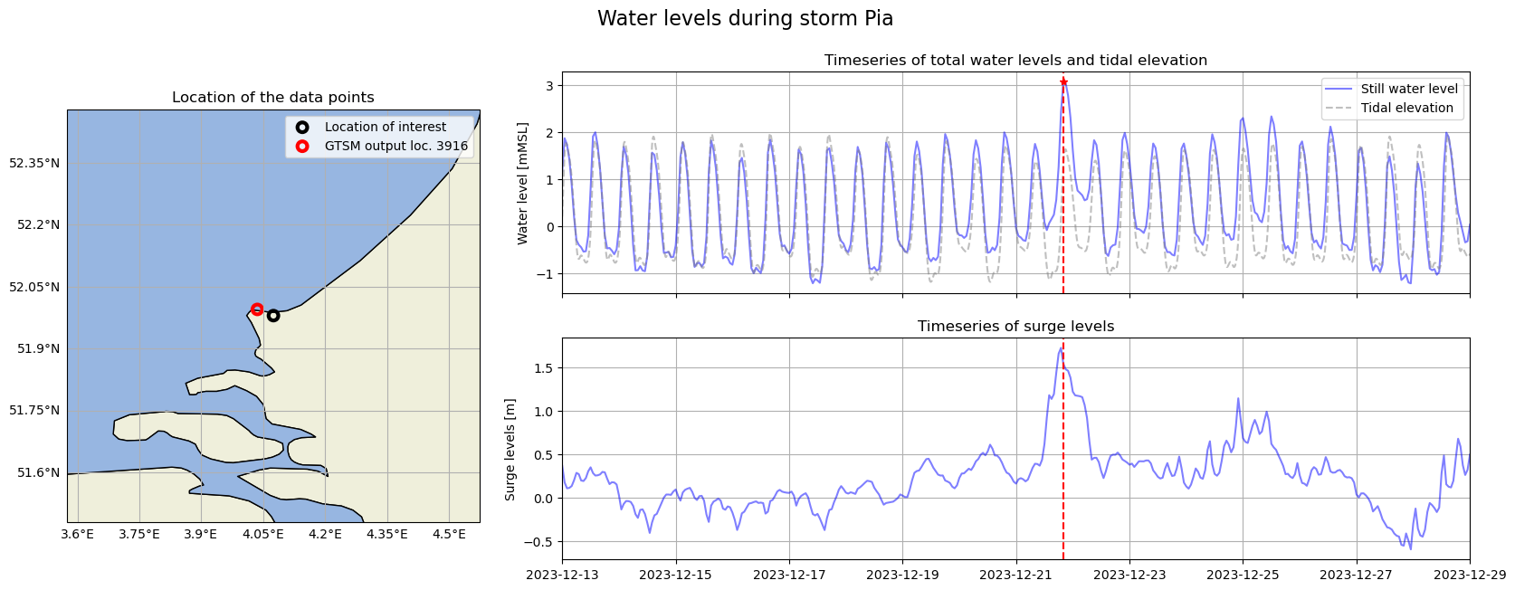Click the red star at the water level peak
(x=1063, y=82)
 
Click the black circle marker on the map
(x=273, y=316)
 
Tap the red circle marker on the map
(x=257, y=309)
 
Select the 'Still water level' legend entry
(x=1408, y=89)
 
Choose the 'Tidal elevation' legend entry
(x=1406, y=108)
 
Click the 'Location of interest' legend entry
(x=385, y=128)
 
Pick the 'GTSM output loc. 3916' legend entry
(x=395, y=146)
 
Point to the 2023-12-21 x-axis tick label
(x=1015, y=575)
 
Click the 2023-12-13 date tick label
(x=562, y=575)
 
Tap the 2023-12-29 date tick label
(x=1469, y=575)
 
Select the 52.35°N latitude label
(x=34, y=163)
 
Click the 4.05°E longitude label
(x=263, y=534)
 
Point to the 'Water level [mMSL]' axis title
(x=522, y=184)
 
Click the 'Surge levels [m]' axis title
(x=510, y=449)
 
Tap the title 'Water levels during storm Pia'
(x=745, y=19)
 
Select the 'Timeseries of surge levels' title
(x=1015, y=327)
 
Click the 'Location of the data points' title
(x=272, y=98)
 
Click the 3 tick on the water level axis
(x=549, y=86)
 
